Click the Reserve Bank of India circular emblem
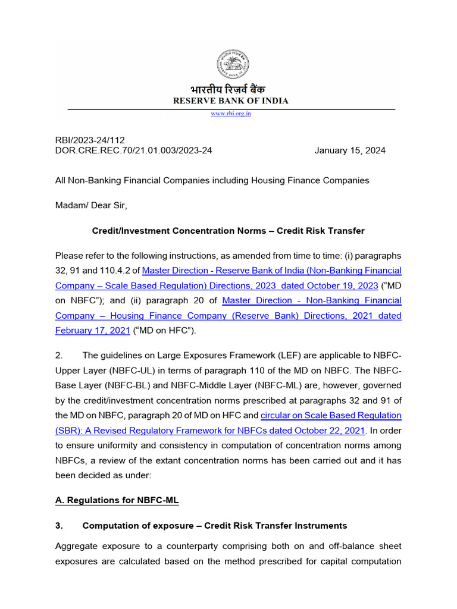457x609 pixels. point(232,65)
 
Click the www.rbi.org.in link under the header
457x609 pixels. point(231,114)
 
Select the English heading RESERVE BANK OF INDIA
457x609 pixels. point(231,101)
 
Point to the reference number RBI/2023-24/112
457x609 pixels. point(90,140)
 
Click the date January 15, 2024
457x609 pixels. point(350,150)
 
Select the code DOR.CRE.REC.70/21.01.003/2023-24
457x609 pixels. point(133,150)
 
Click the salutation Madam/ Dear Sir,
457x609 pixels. point(91,205)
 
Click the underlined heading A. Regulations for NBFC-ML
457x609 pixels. point(117,500)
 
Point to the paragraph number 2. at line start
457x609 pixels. point(59,356)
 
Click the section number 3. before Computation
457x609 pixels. point(59,526)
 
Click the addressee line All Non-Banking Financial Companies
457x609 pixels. point(212,180)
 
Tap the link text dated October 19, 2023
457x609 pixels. point(339,285)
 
